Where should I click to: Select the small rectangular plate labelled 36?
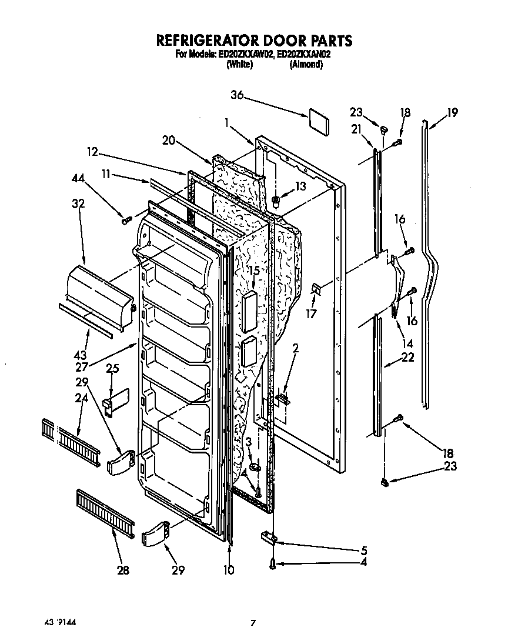coord(318,121)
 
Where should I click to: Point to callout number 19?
coord(452,114)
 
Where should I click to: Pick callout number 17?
coord(311,313)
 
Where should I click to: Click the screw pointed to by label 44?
coord(125,221)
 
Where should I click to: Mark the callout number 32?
coord(79,204)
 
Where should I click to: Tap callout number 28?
coord(123,570)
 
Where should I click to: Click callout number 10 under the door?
coord(229,570)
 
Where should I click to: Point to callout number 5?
coord(364,550)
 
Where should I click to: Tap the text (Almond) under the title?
coord(306,65)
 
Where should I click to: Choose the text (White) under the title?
coord(239,65)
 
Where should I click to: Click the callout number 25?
coord(112,369)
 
